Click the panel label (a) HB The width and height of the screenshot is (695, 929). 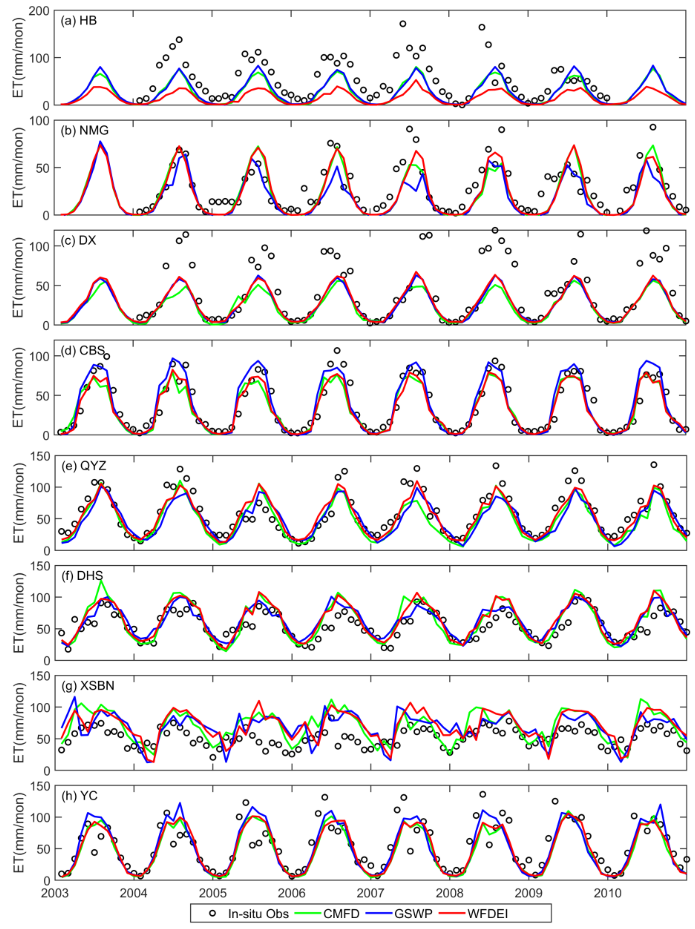tap(79, 21)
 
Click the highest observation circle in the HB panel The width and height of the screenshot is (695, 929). tap(403, 24)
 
